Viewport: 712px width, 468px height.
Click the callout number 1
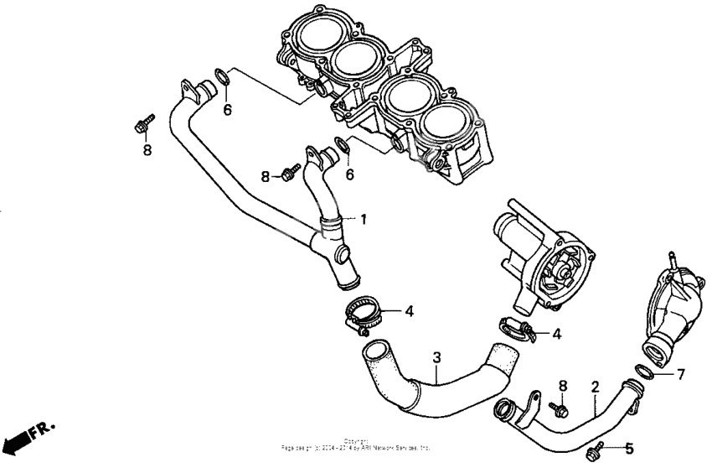[x=364, y=219]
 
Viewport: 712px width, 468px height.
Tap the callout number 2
[x=595, y=387]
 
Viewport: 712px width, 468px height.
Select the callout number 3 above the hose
[x=436, y=358]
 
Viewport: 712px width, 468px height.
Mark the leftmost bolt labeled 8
[x=142, y=124]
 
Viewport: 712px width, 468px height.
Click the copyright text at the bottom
[x=357, y=448]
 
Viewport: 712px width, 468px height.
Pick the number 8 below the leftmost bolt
[x=147, y=151]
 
